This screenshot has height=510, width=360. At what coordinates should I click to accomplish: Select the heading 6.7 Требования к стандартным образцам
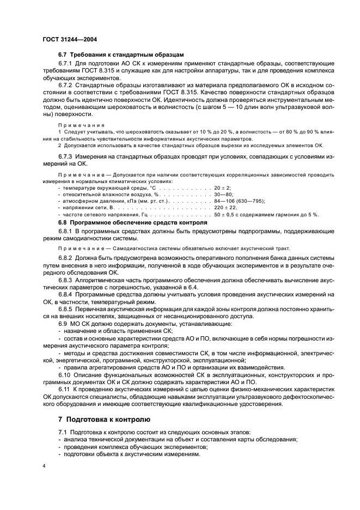click(x=121, y=55)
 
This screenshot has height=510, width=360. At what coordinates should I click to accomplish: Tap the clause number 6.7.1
click(x=66, y=64)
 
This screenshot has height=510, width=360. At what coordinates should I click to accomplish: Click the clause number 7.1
click(x=64, y=431)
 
